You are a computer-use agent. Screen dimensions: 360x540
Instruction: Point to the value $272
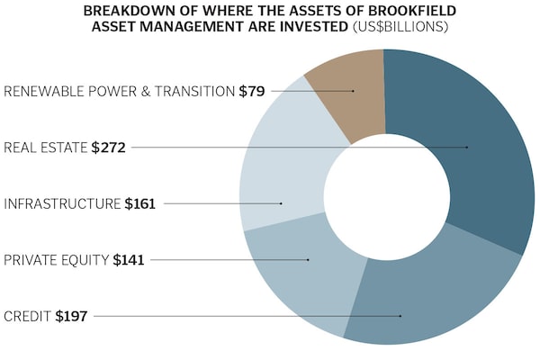108,147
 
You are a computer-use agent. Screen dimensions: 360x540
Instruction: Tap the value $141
128,260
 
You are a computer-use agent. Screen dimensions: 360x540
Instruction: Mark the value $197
71,316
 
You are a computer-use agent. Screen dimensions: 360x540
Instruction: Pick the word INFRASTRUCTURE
62,203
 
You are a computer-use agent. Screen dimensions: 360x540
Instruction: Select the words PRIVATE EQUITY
57,260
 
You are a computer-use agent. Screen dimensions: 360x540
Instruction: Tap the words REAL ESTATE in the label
46,147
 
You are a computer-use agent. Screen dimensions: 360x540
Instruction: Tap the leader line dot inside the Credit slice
400,316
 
